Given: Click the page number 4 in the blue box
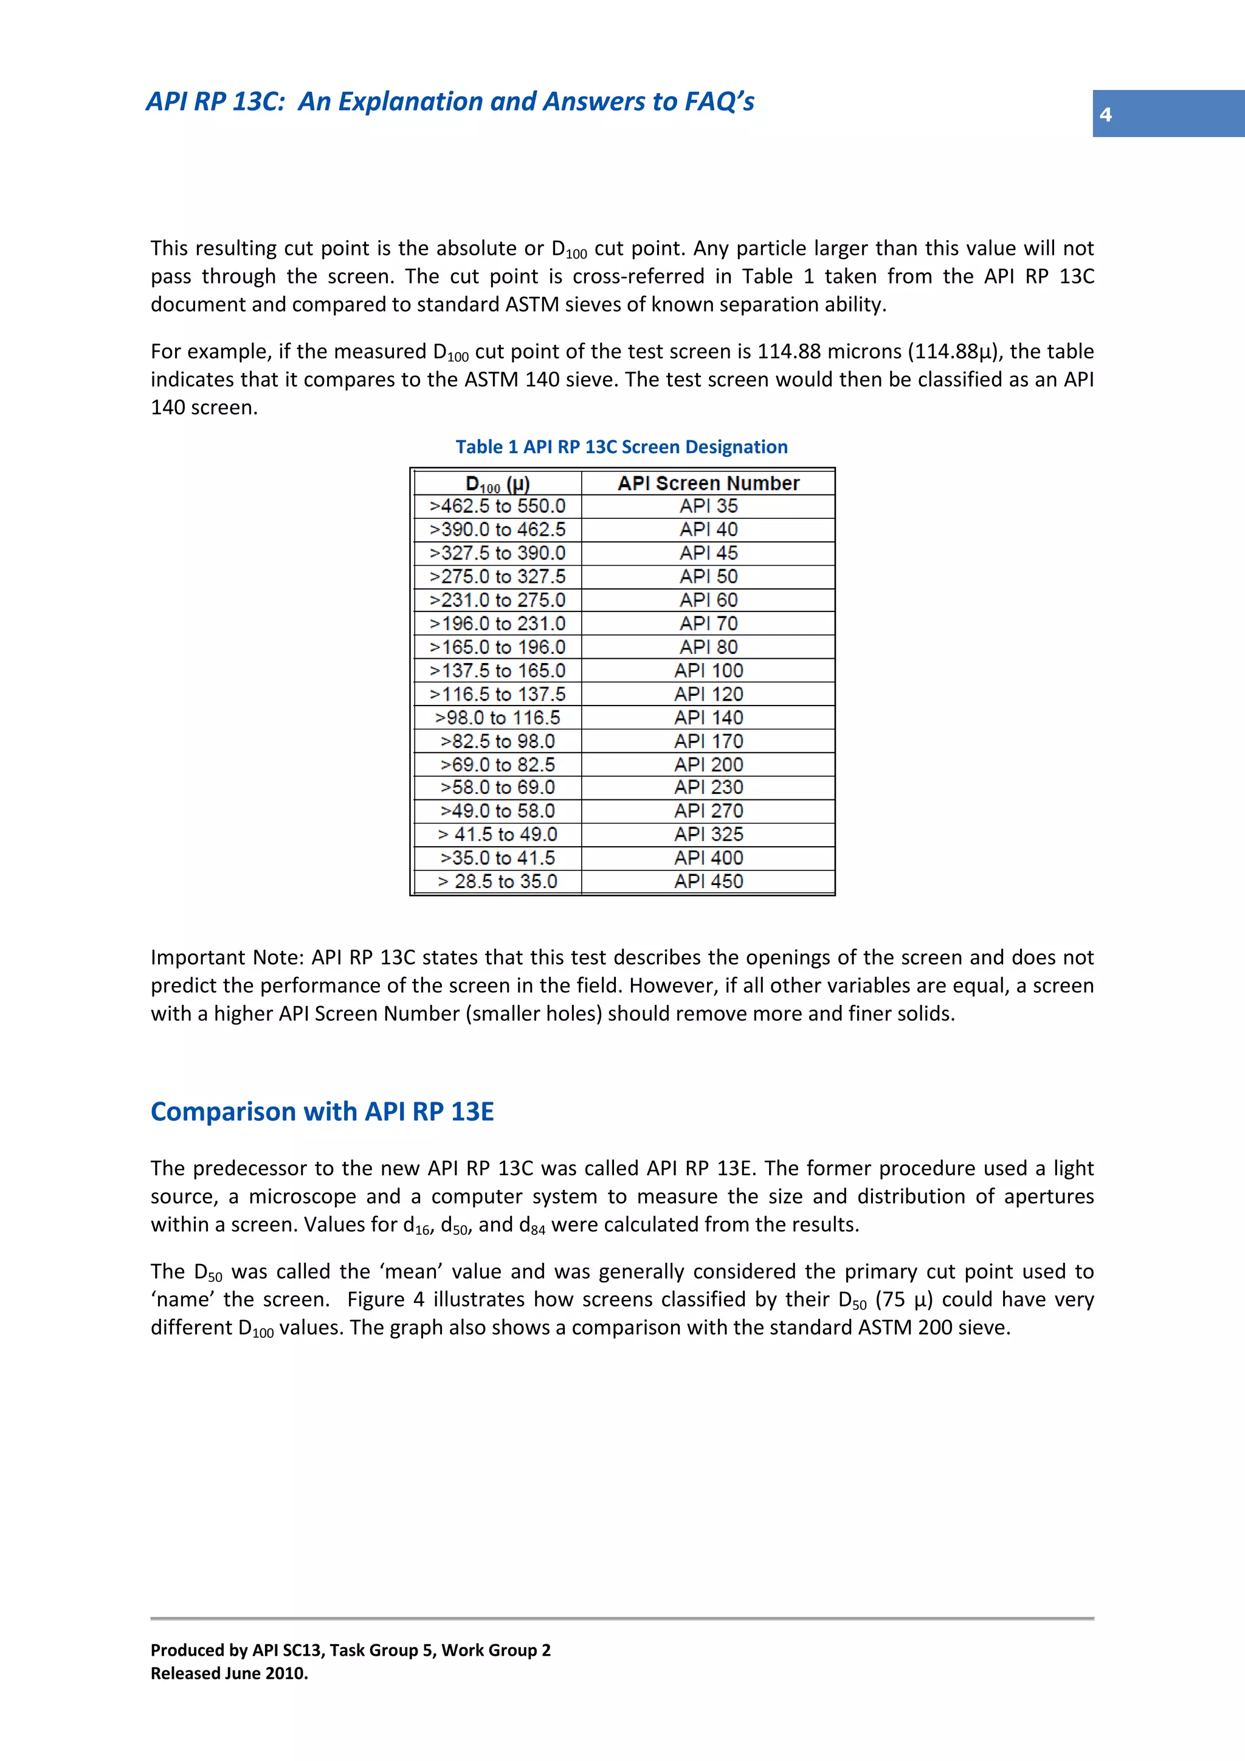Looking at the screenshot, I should pyautogui.click(x=1105, y=114).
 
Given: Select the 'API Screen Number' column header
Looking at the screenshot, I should pyautogui.click(x=708, y=483).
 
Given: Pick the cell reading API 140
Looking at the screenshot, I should pyautogui.click(x=708, y=718).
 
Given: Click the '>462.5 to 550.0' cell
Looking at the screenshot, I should pyautogui.click(x=497, y=506).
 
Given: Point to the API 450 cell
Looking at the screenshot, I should pyautogui.click(x=708, y=881).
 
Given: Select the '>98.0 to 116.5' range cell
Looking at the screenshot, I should pyautogui.click(x=497, y=718).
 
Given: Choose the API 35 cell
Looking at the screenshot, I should pyautogui.click(x=708, y=506).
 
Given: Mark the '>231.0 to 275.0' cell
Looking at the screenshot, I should pyautogui.click(x=497, y=600).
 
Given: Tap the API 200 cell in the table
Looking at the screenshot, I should pyautogui.click(x=708, y=765).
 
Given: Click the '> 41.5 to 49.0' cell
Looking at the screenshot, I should pyautogui.click(x=497, y=835).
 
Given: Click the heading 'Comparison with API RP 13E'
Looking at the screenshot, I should pyautogui.click(x=322, y=1111).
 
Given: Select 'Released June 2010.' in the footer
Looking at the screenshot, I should pyautogui.click(x=229, y=1673).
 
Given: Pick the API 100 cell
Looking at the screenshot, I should pyautogui.click(x=708, y=670).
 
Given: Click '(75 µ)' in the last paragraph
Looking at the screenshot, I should pyautogui.click(x=905, y=1299).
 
